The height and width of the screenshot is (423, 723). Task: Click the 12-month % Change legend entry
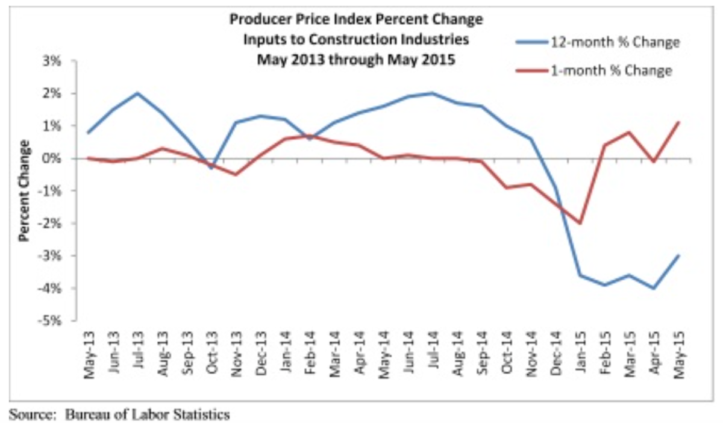614,43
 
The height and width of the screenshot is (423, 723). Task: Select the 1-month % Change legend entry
610,71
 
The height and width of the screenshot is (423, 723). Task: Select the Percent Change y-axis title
25,190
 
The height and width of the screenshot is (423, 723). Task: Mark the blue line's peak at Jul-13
137,93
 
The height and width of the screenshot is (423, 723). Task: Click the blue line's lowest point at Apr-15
654,288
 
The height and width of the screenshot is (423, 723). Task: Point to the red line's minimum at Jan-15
580,223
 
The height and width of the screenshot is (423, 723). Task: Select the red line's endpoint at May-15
678,122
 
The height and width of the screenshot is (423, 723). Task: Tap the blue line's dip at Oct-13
211,168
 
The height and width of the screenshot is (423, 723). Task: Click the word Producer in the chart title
257,20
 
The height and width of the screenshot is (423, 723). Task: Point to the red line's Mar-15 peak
629,132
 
